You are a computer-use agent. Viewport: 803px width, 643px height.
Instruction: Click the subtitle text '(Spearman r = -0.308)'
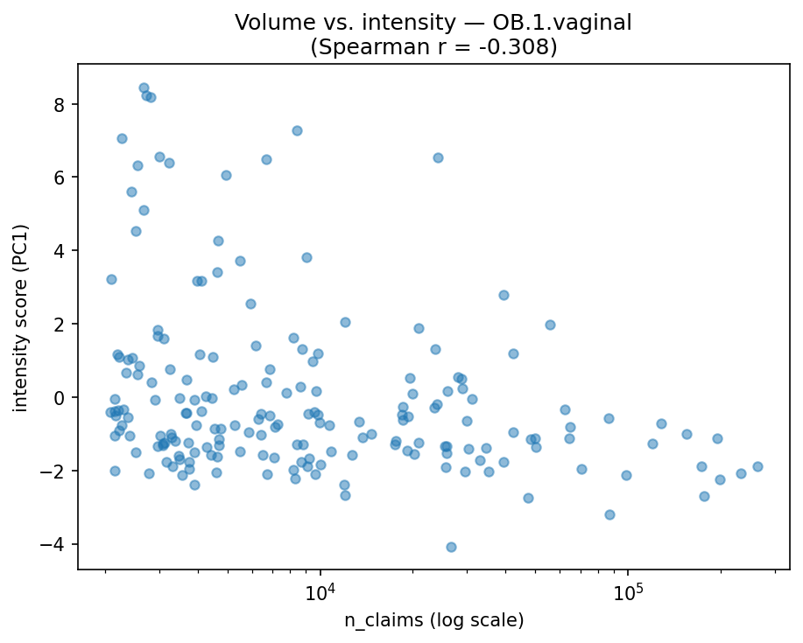[433, 46]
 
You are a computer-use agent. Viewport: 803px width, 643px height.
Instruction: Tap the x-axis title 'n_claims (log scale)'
[433, 621]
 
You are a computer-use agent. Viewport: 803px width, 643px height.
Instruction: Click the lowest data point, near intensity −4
[451, 547]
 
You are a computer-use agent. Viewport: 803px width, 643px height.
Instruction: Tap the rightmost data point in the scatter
[757, 466]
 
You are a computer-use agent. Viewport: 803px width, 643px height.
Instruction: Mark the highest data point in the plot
[144, 87]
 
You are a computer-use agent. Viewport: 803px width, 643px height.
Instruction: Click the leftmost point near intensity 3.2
[111, 279]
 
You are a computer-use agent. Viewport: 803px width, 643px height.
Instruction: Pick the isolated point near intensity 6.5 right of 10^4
[438, 157]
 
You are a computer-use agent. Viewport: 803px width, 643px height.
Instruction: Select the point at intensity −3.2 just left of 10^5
[609, 514]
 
